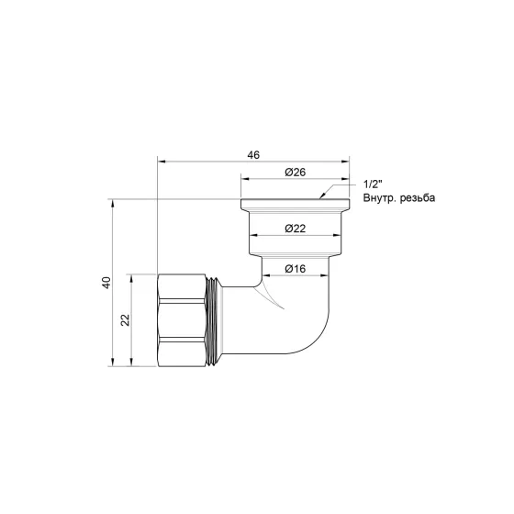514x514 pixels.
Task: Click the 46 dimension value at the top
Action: click(x=252, y=154)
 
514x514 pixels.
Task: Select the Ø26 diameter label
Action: click(x=295, y=172)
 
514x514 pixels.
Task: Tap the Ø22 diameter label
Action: click(x=295, y=228)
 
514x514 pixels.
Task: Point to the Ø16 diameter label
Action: click(x=295, y=268)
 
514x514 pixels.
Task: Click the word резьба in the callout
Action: click(x=419, y=198)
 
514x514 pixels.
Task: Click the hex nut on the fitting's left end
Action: click(x=182, y=319)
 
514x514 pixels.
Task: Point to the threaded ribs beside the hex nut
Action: click(x=215, y=319)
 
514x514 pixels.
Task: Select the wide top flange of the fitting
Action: click(x=295, y=206)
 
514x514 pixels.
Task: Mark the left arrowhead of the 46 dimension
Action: click(x=162, y=161)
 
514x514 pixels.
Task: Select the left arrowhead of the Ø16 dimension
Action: click(x=267, y=275)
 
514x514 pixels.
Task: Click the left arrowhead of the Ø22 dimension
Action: click(x=253, y=235)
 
